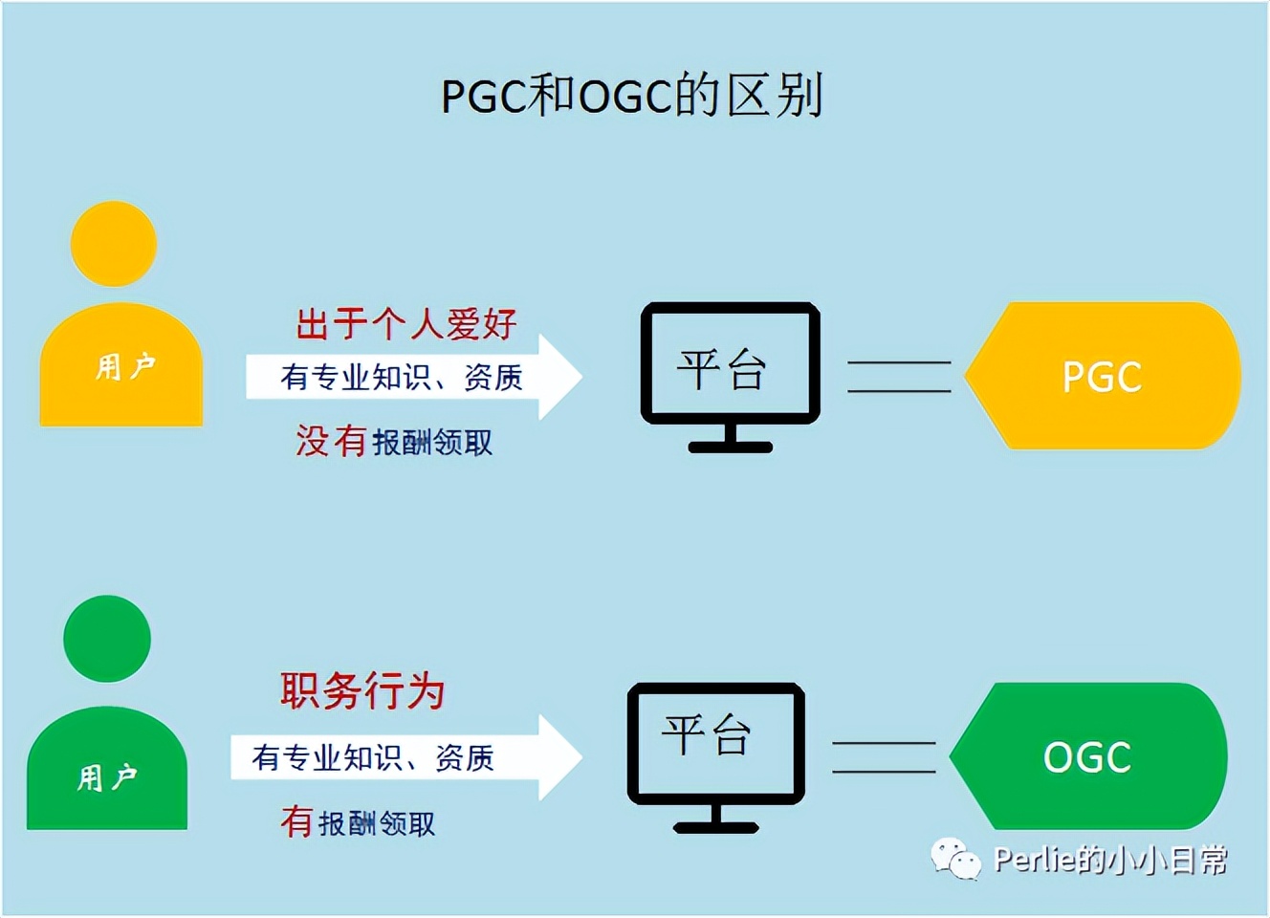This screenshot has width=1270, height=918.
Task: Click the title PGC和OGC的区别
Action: pos(631,96)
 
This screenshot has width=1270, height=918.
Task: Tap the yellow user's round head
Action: pos(114,244)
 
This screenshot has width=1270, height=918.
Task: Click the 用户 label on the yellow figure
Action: pos(124,366)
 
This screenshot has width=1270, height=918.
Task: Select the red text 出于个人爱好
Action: pos(406,324)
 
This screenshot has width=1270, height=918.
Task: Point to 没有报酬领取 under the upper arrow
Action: pos(394,442)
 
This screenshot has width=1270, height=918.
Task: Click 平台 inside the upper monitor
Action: pos(722,369)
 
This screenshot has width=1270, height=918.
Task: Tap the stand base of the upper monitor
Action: pos(730,447)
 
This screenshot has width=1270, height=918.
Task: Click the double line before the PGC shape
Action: pos(899,377)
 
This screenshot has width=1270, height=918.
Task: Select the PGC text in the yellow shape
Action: pos(1102,377)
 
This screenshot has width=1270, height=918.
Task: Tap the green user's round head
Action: pos(107,639)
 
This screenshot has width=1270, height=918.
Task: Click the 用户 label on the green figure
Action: pos(107,777)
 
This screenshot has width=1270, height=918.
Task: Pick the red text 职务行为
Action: pos(362,690)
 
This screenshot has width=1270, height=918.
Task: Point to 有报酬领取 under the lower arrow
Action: pos(358,822)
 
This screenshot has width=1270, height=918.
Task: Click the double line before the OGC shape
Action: pos(884,757)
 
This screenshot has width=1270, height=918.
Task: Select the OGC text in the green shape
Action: pos(1087,757)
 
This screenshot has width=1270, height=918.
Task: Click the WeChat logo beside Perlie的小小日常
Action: pos(955,859)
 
